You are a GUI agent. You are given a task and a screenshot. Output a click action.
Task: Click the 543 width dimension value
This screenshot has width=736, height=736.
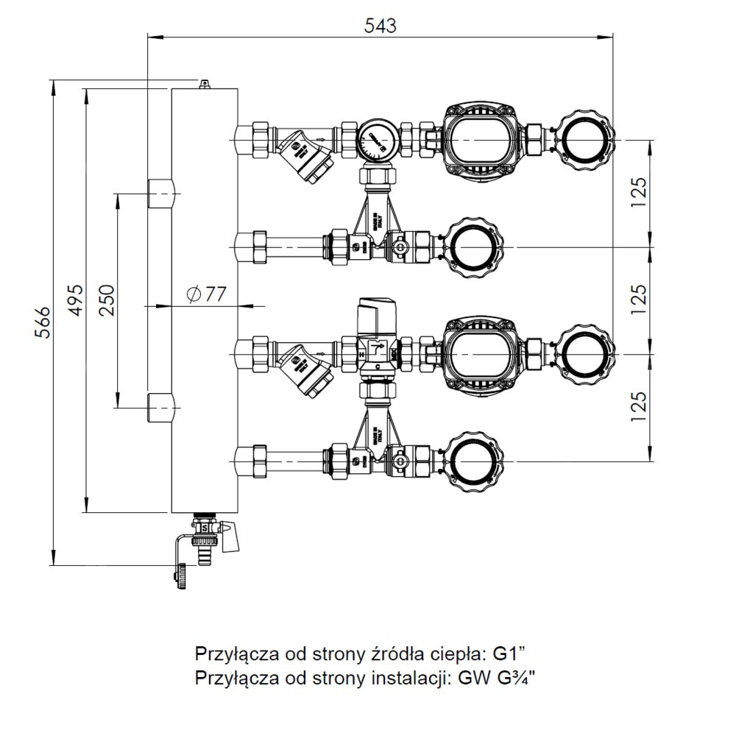click(x=381, y=25)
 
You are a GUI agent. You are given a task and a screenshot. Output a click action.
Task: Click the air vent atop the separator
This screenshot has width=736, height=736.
click(x=204, y=84)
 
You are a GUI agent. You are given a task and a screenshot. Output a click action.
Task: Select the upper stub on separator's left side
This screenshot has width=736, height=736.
click(x=161, y=194)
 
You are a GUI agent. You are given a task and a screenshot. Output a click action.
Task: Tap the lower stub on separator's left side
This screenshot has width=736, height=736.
click(x=161, y=408)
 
